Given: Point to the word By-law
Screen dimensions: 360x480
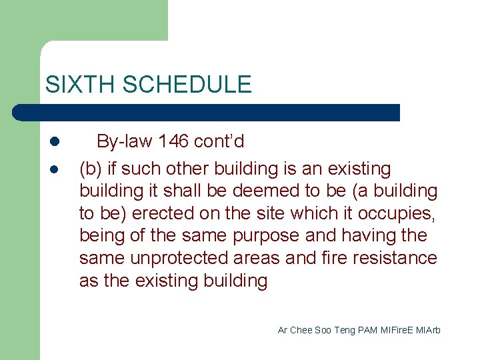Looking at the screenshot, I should pyautogui.click(x=123, y=141).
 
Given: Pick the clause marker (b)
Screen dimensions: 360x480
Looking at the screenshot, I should pyautogui.click(x=90, y=169).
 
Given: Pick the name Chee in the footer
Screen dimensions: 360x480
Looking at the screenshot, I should pyautogui.click(x=301, y=331).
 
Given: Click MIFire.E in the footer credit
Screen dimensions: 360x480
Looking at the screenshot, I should pyautogui.click(x=399, y=331).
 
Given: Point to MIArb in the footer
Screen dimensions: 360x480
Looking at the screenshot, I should pyautogui.click(x=430, y=331).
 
